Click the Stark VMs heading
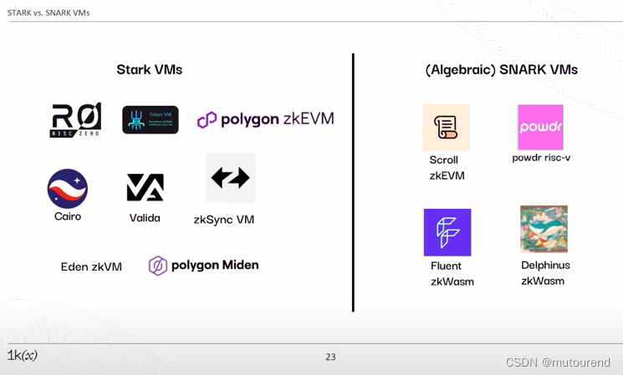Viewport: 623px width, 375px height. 149,69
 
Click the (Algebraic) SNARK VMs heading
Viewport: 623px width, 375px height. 501,69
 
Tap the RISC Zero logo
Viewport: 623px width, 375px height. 76,119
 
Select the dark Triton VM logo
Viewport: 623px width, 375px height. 150,119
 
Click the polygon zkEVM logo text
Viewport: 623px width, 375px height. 265,119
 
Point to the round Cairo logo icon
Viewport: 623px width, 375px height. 68,188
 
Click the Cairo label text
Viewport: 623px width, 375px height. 68,216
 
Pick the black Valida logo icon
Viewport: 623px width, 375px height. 145,187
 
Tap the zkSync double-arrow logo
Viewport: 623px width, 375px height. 230,177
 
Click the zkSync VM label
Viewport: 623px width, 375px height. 223,220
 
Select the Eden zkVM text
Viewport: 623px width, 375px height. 91,267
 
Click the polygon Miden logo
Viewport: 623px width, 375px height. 203,266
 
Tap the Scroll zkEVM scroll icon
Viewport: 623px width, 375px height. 446,127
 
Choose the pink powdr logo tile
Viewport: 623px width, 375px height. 540,127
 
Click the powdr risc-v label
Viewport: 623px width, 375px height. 541,158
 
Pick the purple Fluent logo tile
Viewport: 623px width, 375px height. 447,232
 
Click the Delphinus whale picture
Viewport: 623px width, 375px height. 544,229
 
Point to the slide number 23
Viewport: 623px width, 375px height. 330,357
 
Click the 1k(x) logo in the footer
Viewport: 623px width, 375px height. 23,355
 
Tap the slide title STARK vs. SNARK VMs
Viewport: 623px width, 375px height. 49,13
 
